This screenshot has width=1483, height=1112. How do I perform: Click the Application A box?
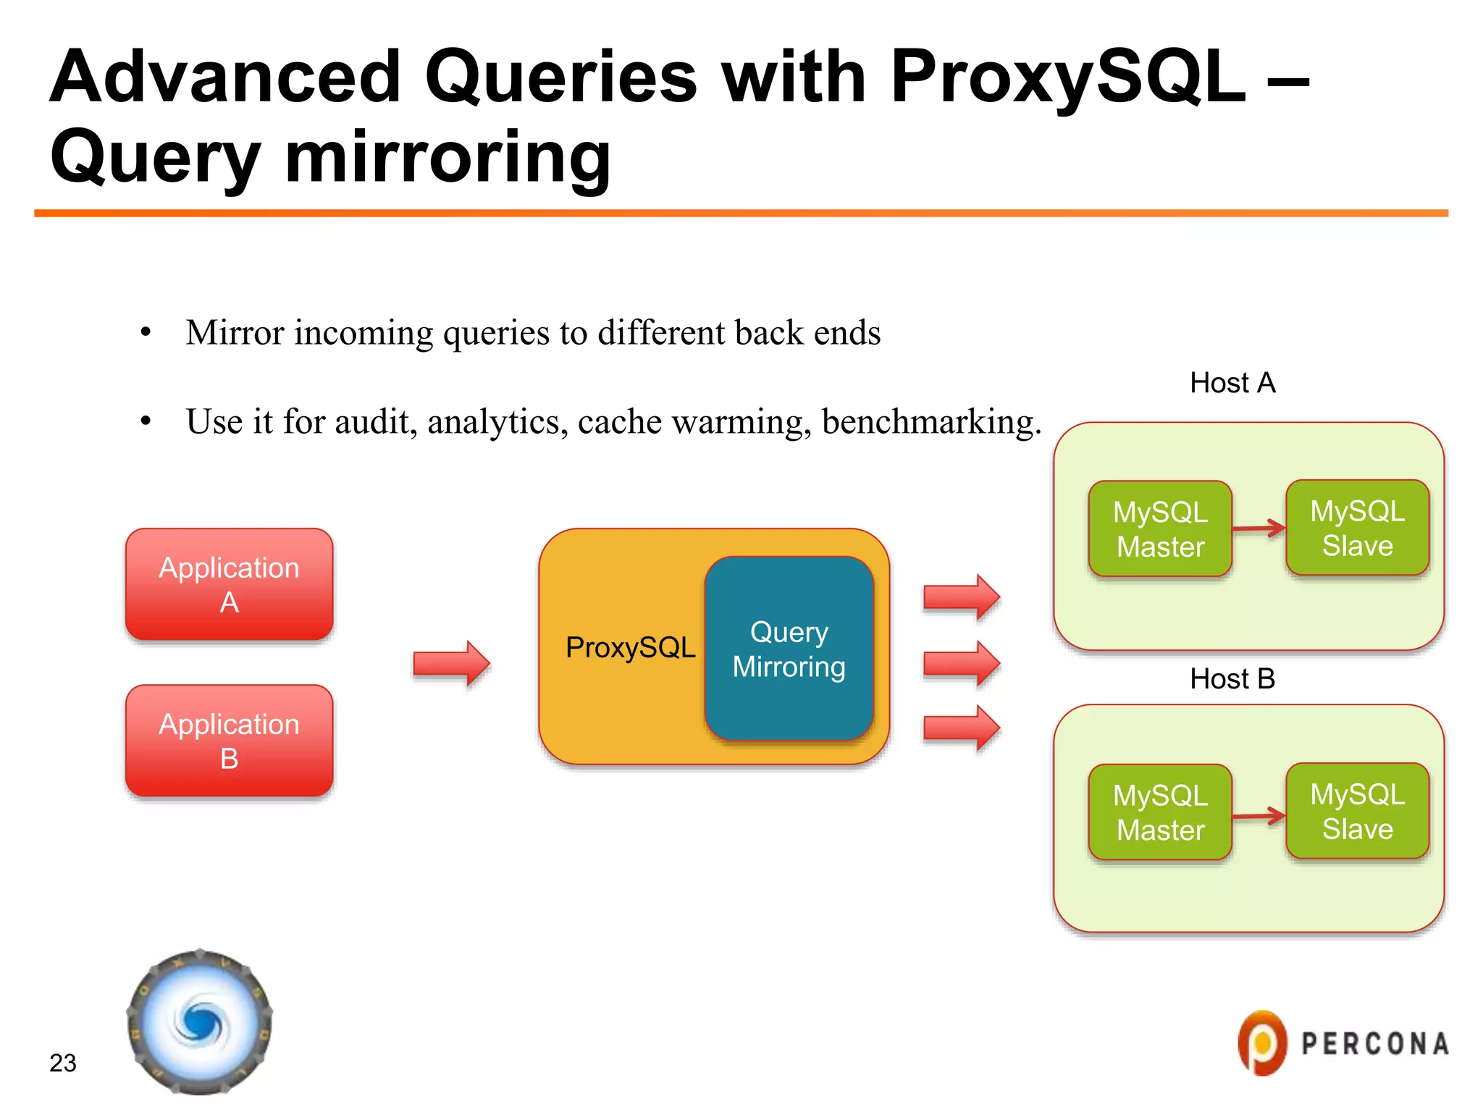[x=229, y=584]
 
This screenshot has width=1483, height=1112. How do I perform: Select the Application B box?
[x=229, y=741]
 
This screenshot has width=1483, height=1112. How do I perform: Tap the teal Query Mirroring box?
[x=789, y=649]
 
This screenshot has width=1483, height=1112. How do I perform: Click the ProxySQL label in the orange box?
[x=630, y=647]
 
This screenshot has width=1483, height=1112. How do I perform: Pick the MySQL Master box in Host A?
[x=1160, y=528]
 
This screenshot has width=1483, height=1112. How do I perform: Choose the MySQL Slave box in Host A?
[x=1357, y=528]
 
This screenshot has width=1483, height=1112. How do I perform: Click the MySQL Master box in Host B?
[x=1160, y=812]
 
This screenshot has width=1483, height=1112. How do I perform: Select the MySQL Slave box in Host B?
[x=1357, y=811]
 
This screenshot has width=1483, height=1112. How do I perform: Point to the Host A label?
[x=1232, y=382]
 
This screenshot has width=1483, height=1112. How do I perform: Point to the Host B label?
[x=1232, y=678]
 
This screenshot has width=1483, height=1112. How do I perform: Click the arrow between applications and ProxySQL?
[x=452, y=663]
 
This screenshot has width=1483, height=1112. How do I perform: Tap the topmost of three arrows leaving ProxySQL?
[x=962, y=597]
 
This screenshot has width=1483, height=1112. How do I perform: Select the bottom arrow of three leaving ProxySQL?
[x=962, y=728]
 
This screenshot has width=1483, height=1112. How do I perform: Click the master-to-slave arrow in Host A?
[x=1259, y=528]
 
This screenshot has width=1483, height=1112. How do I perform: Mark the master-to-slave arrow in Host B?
[x=1259, y=816]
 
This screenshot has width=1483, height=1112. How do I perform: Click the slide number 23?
[x=63, y=1063]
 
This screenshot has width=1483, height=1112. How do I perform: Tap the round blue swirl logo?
[x=200, y=1022]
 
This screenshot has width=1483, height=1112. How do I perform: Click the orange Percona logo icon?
[x=1262, y=1043]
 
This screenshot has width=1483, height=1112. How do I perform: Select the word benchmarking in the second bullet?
[x=931, y=422]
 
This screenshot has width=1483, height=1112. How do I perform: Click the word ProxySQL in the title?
[x=1068, y=77]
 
